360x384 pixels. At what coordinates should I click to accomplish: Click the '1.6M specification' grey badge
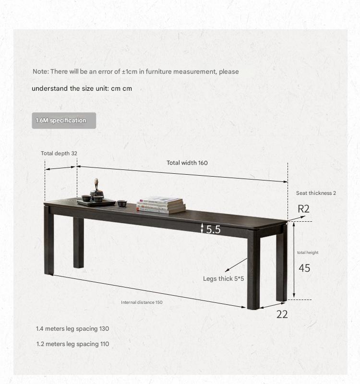[64, 120]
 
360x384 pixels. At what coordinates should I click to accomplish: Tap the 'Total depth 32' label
[59, 154]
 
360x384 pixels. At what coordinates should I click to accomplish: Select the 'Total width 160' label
[187, 163]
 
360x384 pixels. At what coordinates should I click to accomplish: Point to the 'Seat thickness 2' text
[316, 193]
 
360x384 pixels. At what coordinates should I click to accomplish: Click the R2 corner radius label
[304, 209]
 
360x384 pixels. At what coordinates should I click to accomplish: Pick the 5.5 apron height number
[213, 229]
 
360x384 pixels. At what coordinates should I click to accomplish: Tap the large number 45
[304, 268]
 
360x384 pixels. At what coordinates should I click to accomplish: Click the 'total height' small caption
[308, 252]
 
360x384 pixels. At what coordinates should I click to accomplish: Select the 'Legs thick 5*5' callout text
[224, 278]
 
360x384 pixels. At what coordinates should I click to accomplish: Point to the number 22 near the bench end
[282, 314]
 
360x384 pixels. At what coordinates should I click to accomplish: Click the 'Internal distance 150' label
[142, 302]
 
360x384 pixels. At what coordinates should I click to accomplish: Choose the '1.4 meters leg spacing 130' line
[72, 329]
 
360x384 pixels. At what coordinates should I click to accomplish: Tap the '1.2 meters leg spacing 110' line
[72, 344]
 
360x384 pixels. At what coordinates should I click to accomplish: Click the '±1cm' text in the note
[130, 72]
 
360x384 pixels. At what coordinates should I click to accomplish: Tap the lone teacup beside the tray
[122, 203]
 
